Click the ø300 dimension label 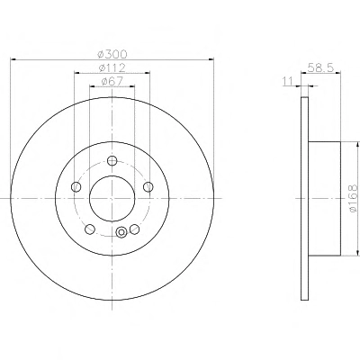tap(112, 54)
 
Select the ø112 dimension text tap(112, 67)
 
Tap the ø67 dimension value tap(112, 81)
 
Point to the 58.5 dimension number tap(320, 67)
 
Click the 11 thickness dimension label tap(287, 81)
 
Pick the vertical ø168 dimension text tap(354, 199)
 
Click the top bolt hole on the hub tap(112, 161)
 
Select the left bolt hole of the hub tap(76, 187)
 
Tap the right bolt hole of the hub tap(148, 187)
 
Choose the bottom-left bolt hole tap(90, 229)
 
